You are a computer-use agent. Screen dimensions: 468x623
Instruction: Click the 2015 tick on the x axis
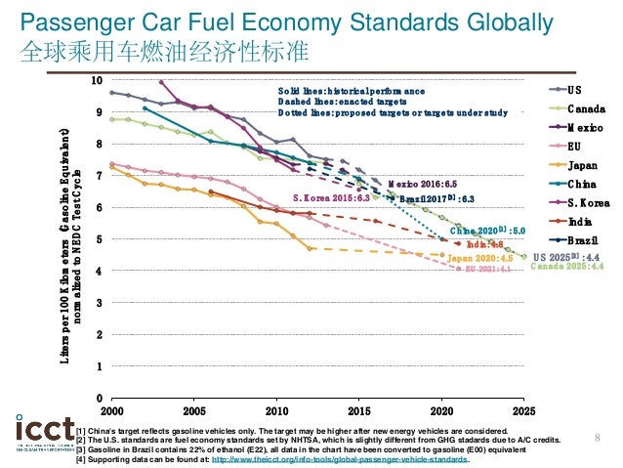[358, 412]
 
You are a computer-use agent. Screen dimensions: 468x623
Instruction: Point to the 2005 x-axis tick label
[193, 412]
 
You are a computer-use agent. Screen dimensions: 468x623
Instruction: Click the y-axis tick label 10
[95, 80]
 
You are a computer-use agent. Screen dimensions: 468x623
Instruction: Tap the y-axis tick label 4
[98, 271]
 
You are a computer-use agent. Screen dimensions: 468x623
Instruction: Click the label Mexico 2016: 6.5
[422, 184]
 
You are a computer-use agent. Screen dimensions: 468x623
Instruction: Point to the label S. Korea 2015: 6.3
[331, 197]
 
